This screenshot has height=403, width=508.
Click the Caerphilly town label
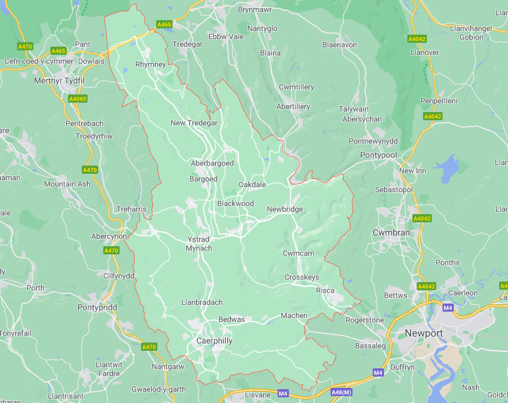214,341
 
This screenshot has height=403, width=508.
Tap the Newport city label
424,332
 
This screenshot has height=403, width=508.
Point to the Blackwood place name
235,203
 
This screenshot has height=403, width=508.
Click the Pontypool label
378,155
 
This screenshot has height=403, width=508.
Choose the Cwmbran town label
391,232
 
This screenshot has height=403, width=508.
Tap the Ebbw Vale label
226,37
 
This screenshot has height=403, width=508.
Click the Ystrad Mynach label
198,244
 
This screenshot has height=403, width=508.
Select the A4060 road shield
77,99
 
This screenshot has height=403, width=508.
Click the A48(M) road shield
341,392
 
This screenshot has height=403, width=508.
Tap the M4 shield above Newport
448,307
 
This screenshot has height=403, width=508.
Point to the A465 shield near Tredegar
164,25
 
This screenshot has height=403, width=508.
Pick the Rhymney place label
150,64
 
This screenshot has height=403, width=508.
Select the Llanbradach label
201,302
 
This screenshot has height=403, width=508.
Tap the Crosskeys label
302,277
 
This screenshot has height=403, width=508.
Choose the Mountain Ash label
67,184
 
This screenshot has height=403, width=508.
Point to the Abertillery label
293,106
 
